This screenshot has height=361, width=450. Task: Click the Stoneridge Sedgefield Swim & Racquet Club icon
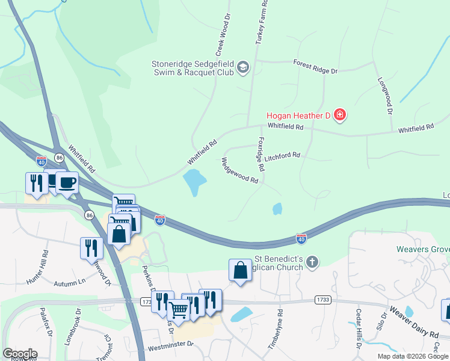(244, 67)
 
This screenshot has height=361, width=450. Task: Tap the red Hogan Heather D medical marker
(340, 114)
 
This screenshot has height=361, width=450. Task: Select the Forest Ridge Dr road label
(315, 66)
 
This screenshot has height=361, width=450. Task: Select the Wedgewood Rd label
(239, 171)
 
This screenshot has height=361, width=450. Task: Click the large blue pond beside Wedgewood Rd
(195, 181)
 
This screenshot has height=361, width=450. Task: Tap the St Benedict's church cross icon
(311, 262)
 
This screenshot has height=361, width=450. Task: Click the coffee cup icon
(67, 183)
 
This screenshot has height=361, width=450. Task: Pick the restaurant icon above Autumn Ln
(91, 248)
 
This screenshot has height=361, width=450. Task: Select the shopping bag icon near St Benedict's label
(240, 271)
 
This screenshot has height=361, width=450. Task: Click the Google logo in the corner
(19, 354)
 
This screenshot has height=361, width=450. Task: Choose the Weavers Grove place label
(422, 249)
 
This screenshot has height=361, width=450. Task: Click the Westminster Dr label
(170, 345)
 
